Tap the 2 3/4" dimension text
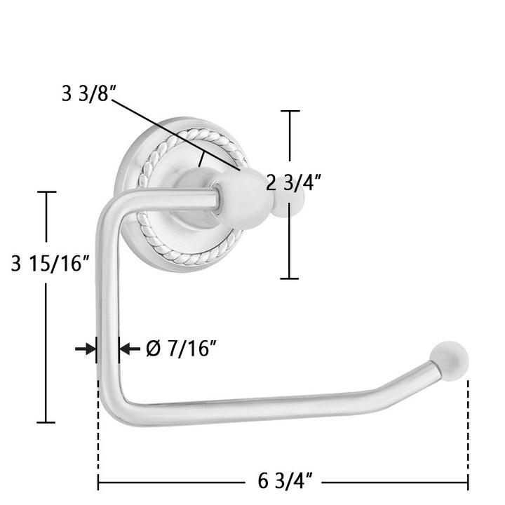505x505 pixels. [293, 184]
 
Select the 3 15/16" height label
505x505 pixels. [50, 263]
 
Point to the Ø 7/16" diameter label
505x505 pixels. [181, 349]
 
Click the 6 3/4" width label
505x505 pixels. [285, 481]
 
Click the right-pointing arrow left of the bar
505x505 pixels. [86, 349]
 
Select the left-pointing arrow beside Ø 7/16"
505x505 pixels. [130, 349]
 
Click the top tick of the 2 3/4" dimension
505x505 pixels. [290, 111]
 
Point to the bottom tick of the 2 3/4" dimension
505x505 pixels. [289, 278]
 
